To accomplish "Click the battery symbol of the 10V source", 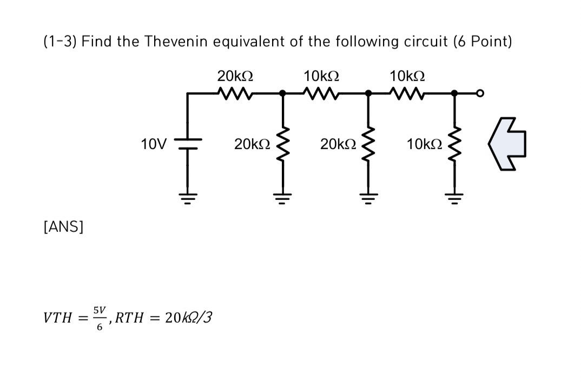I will [x=187, y=144].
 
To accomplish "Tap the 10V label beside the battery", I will [x=153, y=144].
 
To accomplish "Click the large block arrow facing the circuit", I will [x=508, y=144].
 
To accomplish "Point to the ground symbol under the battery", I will [x=187, y=197].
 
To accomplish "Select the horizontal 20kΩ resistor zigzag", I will [x=234, y=93].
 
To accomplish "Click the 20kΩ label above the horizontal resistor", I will [x=235, y=76].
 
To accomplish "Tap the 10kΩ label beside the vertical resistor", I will [x=425, y=144].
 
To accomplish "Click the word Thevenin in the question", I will [x=176, y=42].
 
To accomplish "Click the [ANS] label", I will [x=63, y=227].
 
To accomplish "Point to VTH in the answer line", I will [x=57, y=318].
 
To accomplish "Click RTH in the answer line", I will [x=129, y=318].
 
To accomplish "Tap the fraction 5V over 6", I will [x=99, y=317].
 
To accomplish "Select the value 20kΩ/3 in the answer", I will [x=188, y=317].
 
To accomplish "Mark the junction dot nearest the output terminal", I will [x=454, y=93].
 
